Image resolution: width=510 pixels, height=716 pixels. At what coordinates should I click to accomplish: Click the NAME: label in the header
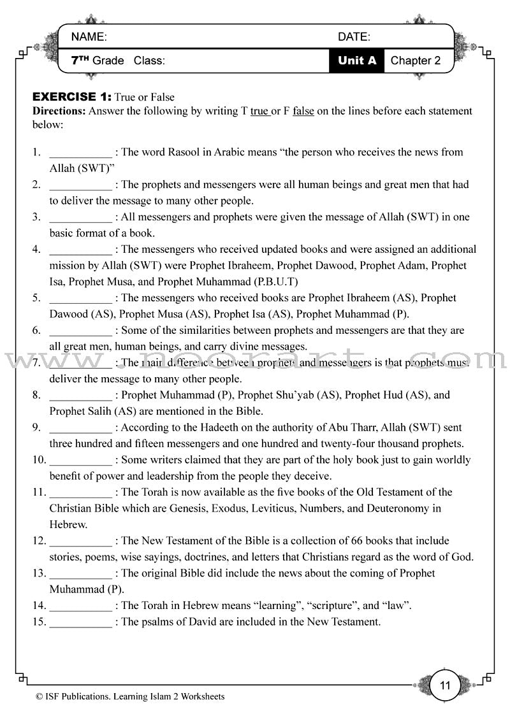click(x=89, y=37)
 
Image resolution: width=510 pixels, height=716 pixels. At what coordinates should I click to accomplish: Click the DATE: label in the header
click(x=354, y=37)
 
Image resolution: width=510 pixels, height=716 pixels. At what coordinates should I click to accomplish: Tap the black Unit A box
click(x=357, y=61)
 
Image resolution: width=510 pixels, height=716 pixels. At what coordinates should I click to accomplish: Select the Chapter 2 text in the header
click(x=415, y=61)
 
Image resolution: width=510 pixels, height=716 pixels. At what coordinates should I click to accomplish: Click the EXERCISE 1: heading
click(x=72, y=97)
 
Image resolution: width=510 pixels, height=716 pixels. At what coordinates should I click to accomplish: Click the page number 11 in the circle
click(x=445, y=685)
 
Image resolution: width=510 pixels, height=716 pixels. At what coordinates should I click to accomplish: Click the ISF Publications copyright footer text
click(x=131, y=697)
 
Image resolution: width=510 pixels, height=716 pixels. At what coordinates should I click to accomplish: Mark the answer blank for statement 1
click(x=80, y=153)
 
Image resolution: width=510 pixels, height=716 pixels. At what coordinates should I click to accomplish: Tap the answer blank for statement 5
click(x=80, y=298)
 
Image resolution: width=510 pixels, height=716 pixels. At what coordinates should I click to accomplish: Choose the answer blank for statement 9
click(x=80, y=428)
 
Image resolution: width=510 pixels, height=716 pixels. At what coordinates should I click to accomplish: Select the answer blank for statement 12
click(x=80, y=541)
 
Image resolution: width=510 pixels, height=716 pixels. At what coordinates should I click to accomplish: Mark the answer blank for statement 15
click(x=80, y=622)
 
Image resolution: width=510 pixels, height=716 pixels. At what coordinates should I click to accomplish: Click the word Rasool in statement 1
click(x=185, y=152)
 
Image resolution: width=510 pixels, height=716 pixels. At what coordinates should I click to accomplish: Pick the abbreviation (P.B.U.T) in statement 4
click(x=268, y=282)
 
